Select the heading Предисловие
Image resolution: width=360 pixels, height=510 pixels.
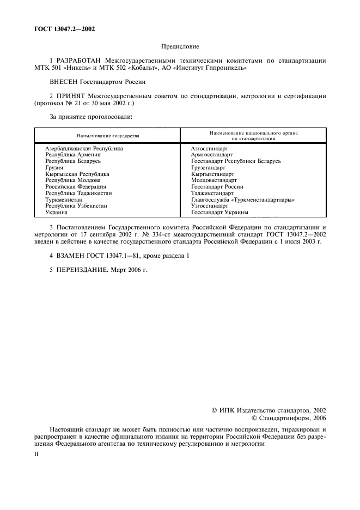tap(180, 48)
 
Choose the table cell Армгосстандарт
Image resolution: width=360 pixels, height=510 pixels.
tap(211, 155)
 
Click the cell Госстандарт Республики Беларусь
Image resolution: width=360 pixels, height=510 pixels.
tap(236, 161)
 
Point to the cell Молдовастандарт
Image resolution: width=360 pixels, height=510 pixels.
tap(214, 180)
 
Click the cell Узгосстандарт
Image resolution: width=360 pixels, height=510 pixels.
tap(210, 206)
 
